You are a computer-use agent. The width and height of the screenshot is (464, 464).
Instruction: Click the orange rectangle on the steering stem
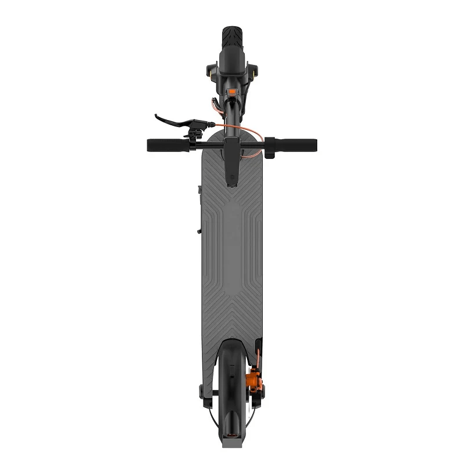[x=232, y=91]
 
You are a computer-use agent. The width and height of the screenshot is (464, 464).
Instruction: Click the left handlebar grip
[x=165, y=144]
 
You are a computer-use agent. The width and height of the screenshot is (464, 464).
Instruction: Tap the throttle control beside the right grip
[x=269, y=145]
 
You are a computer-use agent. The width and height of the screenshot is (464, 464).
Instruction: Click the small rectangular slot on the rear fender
[x=231, y=417]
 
